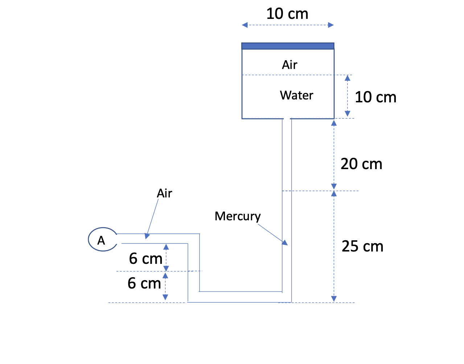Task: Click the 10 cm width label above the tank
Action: click(x=287, y=14)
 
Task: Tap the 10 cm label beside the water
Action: click(x=375, y=97)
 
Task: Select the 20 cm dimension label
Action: click(x=361, y=164)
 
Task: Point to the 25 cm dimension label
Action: click(x=362, y=246)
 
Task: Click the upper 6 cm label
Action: click(x=145, y=259)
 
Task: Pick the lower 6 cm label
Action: click(x=144, y=283)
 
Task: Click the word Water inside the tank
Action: click(x=296, y=95)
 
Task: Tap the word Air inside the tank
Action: click(x=290, y=65)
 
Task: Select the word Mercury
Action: click(x=238, y=216)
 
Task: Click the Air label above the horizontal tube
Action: click(x=164, y=193)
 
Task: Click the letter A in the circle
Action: click(x=101, y=240)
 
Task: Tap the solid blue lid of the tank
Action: click(x=288, y=46)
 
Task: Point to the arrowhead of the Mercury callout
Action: click(x=286, y=243)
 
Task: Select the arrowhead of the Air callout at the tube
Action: click(x=147, y=236)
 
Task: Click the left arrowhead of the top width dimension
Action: click(x=245, y=25)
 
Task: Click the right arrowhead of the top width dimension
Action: click(x=330, y=25)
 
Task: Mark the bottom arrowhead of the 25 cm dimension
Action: click(x=334, y=299)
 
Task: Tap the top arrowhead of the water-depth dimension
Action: click(x=348, y=78)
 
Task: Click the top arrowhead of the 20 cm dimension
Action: click(x=334, y=123)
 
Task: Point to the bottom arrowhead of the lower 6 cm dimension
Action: click(x=165, y=297)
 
